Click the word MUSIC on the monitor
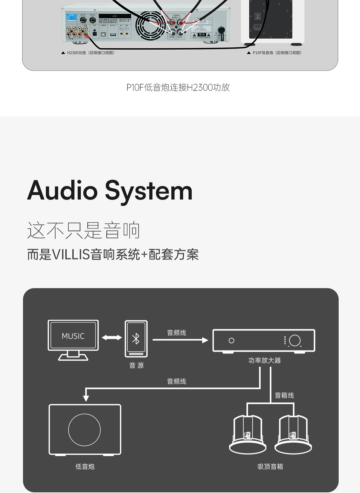point(73,336)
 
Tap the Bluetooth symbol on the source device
point(136,339)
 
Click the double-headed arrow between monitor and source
point(112,338)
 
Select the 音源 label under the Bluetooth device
point(136,365)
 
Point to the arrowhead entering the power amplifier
point(205,340)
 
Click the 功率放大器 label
point(264,360)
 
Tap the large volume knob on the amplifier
point(295,340)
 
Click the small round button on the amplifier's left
point(231,340)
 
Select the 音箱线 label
point(284,395)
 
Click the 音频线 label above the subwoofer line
point(176,381)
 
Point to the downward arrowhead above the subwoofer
point(86,398)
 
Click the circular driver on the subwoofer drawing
point(84,430)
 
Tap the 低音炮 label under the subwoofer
point(85,467)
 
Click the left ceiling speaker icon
point(248,435)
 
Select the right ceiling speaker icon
point(293,435)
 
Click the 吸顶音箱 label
point(270,467)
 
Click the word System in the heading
point(149,191)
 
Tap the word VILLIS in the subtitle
point(71,255)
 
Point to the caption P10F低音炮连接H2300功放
point(178,87)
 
